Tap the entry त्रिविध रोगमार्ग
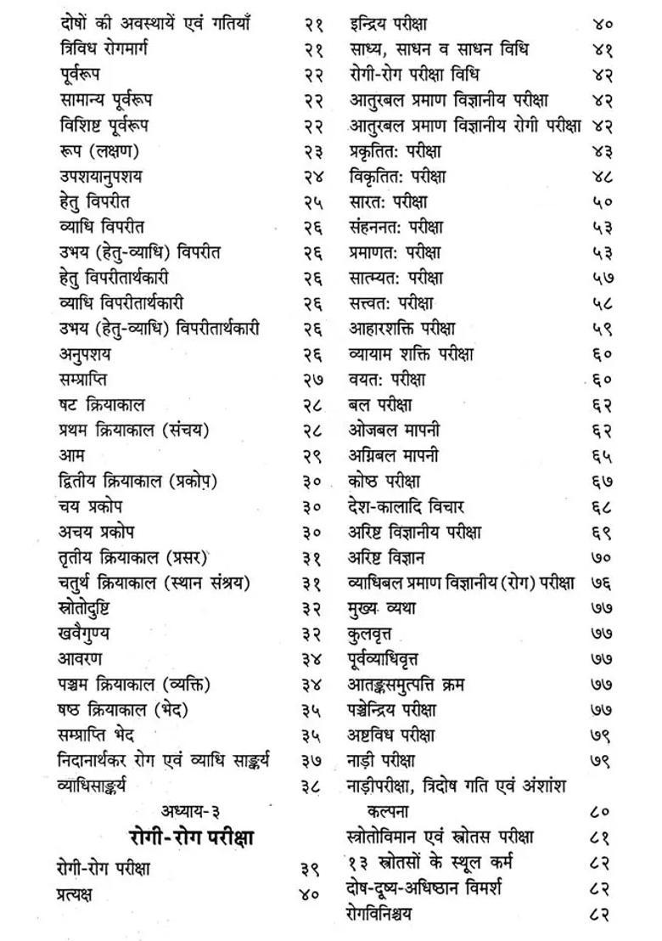104,50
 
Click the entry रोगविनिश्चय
391,914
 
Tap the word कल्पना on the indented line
393,811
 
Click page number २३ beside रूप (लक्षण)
311,153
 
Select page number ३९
311,869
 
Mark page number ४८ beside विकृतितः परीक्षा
603,178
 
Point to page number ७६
603,584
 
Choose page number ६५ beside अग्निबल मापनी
603,457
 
